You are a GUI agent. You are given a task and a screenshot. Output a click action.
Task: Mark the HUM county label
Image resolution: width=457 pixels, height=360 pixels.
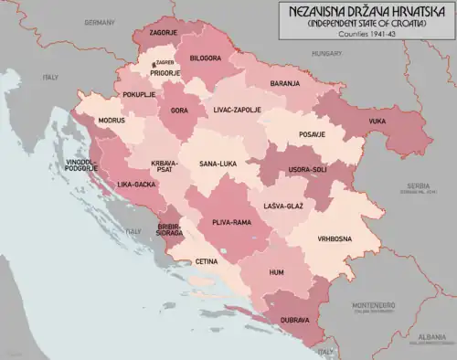coord(276,272)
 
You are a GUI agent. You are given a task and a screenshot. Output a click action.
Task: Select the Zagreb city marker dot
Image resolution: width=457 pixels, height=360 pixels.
coord(152,65)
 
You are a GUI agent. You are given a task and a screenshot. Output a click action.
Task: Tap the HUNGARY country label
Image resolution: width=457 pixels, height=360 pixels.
coord(325,54)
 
